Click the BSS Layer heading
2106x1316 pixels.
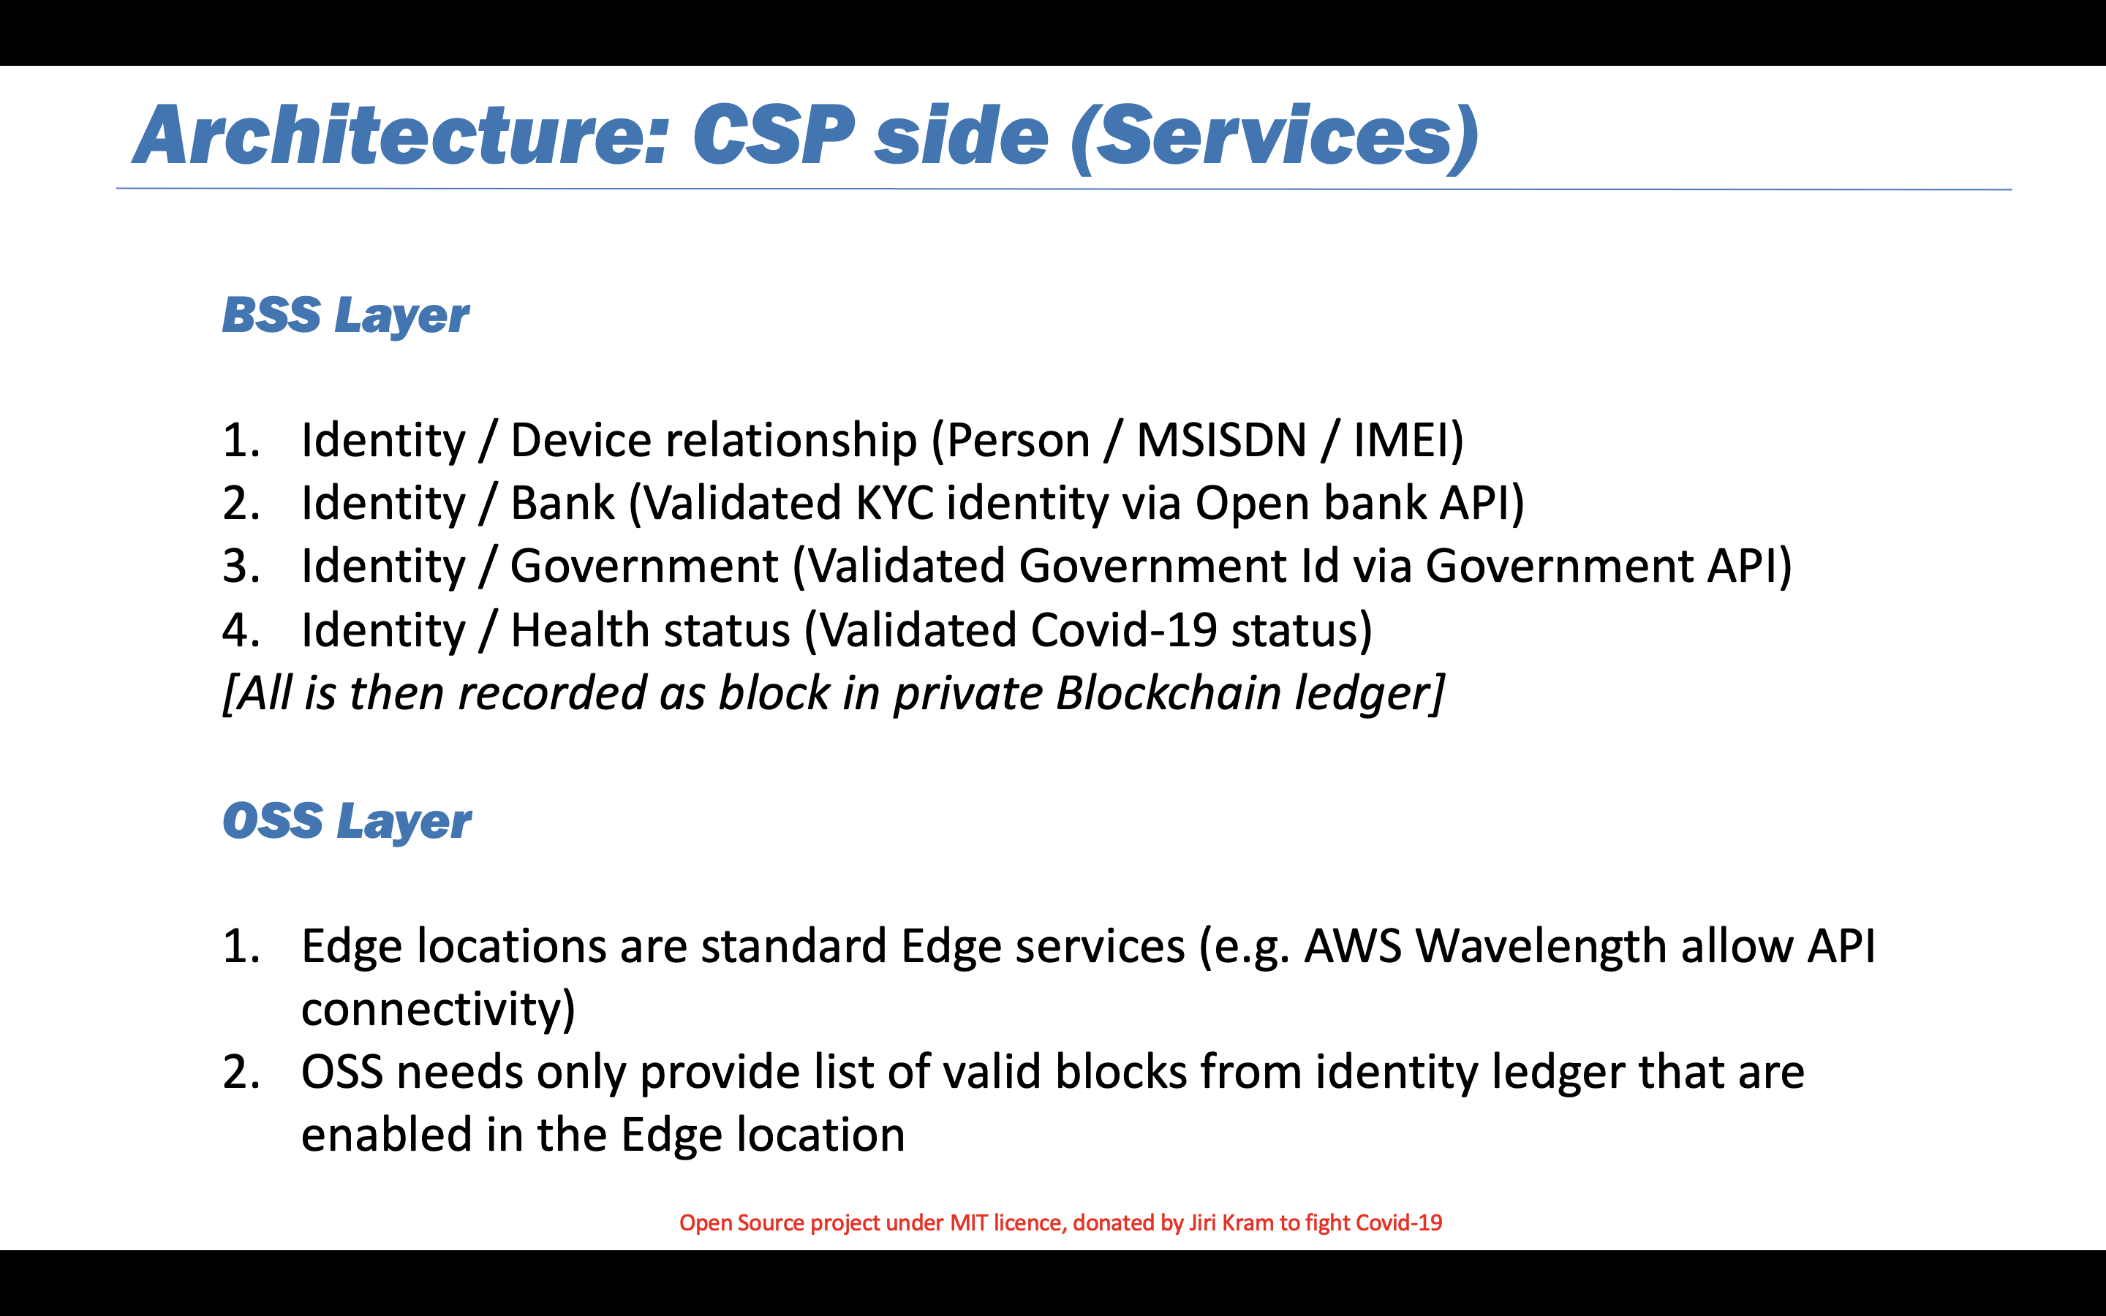(345, 315)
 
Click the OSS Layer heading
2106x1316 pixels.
(347, 822)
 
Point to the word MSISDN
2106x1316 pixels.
(1222, 439)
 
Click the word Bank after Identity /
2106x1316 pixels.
(562, 503)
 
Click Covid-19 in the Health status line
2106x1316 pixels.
(1123, 629)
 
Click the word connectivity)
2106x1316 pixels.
(439, 1010)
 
